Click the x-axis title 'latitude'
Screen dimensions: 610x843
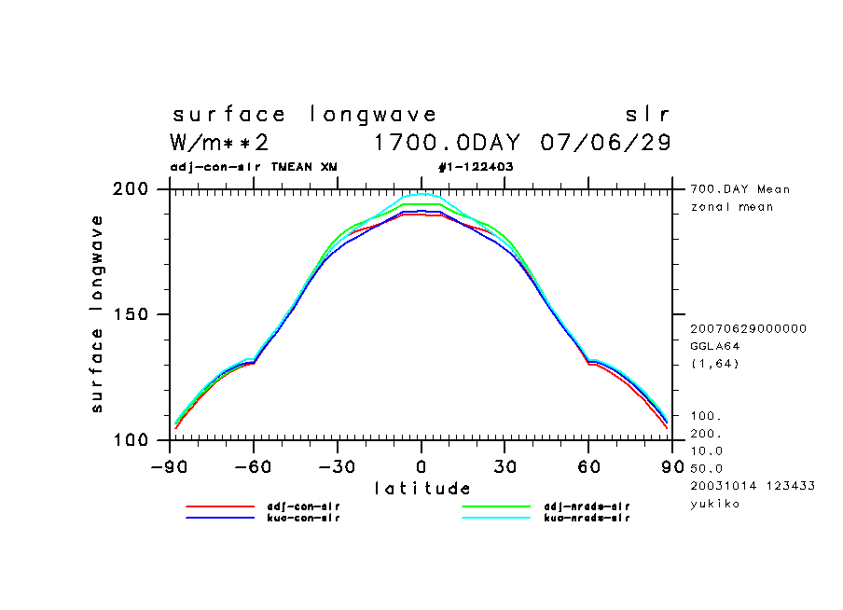click(x=421, y=488)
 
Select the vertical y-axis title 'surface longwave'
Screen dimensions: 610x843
click(x=96, y=313)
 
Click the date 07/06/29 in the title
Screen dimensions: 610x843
click(x=606, y=143)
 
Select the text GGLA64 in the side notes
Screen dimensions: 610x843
click(x=715, y=346)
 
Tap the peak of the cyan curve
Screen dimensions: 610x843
click(x=421, y=194)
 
